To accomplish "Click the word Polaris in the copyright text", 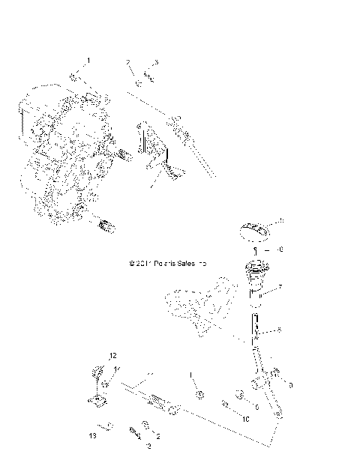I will tap(163, 264).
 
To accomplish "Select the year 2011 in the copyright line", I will tap(142, 264).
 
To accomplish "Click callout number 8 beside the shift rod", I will tap(280, 330).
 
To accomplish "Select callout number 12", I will tap(114, 355).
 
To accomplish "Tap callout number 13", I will tap(93, 435).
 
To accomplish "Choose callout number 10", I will tap(244, 420).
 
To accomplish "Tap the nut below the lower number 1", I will tap(200, 395).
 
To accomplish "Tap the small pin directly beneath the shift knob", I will tap(255, 250).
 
